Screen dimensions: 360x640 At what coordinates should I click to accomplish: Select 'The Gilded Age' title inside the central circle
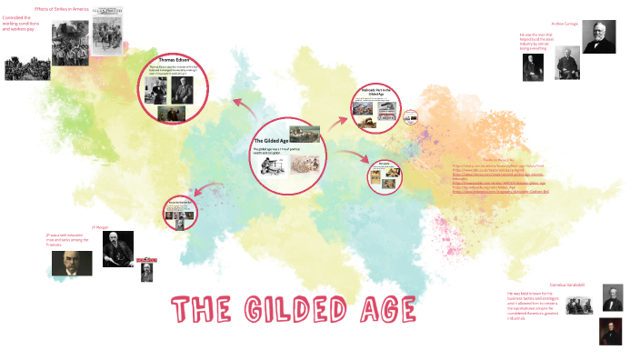pos(269,141)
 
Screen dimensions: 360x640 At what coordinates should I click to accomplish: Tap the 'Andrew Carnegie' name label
pos(564,23)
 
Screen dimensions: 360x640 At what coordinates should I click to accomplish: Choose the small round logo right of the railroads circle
pos(410,116)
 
